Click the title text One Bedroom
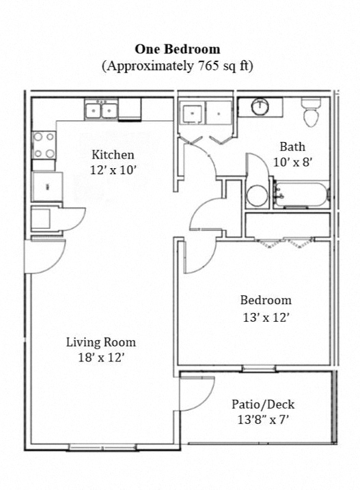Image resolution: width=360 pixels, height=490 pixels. click(177, 49)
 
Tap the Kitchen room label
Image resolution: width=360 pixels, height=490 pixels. click(113, 154)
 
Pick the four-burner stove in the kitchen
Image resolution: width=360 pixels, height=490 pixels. click(44, 145)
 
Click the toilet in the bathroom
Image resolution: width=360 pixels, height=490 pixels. click(311, 113)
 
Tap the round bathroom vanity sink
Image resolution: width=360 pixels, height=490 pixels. click(260, 107)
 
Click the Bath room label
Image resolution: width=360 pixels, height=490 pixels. click(292, 146)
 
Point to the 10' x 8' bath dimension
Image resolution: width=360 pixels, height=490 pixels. click(292, 162)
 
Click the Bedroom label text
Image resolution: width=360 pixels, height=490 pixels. click(265, 300)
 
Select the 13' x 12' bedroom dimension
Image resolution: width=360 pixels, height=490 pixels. click(265, 316)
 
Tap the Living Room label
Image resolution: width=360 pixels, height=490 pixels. click(100, 342)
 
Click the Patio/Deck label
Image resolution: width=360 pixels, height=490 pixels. click(263, 405)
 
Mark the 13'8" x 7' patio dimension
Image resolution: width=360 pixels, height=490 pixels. click(263, 420)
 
